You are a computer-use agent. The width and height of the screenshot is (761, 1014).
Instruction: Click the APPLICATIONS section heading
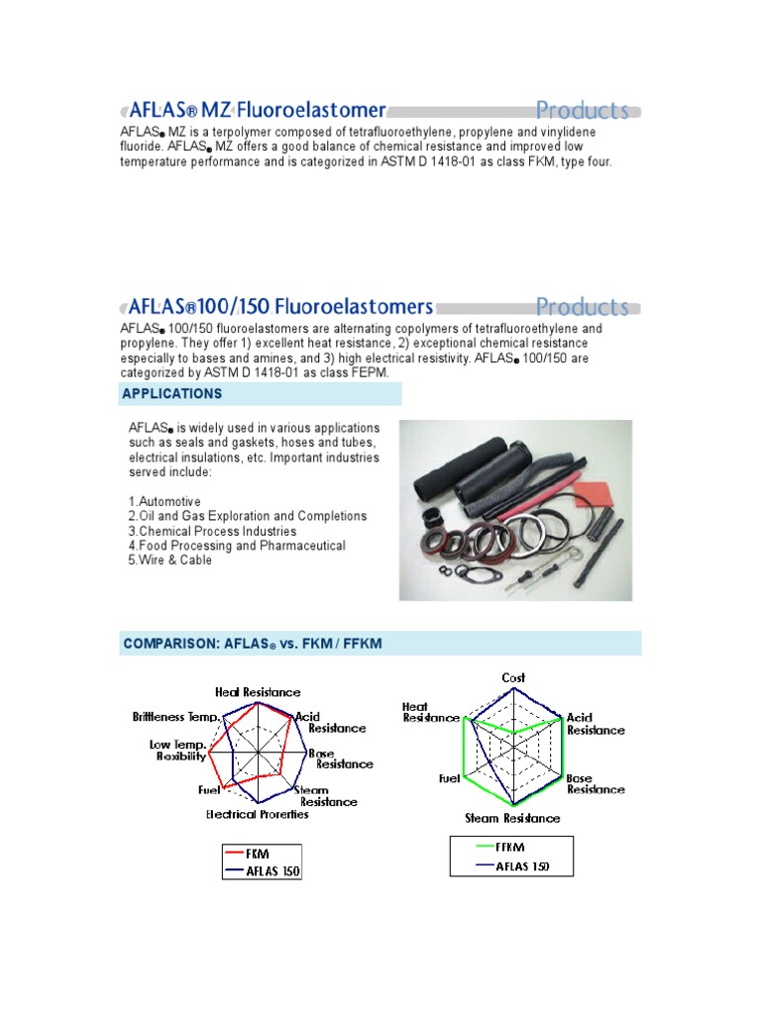(171, 394)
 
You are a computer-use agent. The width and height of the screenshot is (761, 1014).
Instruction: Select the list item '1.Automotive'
(164, 501)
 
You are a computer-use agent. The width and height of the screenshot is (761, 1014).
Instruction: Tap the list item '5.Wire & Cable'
(169, 560)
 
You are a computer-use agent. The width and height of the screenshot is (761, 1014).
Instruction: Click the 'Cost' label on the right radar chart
(512, 678)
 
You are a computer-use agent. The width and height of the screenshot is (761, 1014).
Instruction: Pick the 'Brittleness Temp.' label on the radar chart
(175, 715)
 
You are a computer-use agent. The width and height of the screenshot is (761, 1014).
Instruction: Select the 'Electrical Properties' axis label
(257, 815)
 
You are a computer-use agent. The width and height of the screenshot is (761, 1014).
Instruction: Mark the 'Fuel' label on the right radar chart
(449, 779)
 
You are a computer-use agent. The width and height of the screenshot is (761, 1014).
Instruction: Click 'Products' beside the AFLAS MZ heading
(582, 110)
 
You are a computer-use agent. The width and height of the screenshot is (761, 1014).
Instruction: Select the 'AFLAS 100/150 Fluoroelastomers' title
(276, 306)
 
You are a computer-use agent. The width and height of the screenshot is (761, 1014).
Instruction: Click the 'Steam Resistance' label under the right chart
(512, 818)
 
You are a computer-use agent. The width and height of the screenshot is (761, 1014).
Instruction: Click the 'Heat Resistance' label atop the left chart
(258, 692)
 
